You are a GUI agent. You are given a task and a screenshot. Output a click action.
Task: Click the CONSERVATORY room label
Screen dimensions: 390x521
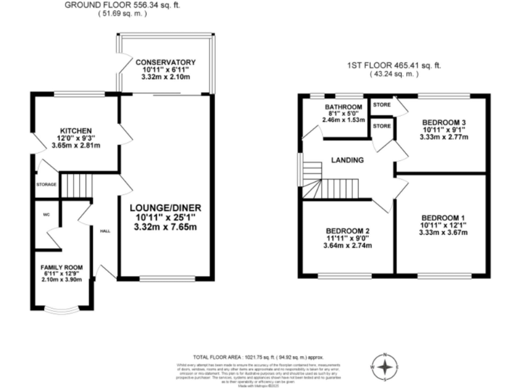coord(165,62)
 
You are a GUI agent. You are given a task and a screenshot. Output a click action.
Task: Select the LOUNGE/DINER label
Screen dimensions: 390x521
coord(167,207)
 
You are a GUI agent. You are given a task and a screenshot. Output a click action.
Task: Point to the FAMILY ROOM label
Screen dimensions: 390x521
coord(62,267)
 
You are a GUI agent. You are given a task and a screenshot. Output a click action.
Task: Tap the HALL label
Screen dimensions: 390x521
coord(105,231)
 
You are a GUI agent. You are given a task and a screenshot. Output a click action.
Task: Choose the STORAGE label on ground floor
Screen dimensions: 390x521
coord(45,183)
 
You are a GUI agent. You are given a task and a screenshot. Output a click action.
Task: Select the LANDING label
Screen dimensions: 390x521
coord(347,160)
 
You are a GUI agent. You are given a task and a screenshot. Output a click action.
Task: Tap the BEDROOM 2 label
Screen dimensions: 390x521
coord(348,230)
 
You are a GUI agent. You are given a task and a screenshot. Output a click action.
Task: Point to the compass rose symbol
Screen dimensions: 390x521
coord(385,368)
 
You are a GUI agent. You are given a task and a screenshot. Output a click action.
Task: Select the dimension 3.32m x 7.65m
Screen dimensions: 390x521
coord(167,227)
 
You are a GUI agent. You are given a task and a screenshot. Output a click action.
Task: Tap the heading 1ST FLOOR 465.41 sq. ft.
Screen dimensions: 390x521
coord(394,66)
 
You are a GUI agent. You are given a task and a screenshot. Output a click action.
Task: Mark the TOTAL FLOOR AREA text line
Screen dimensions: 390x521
coord(258,357)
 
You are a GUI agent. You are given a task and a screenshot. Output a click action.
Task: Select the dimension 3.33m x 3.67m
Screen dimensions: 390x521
coord(442,233)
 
